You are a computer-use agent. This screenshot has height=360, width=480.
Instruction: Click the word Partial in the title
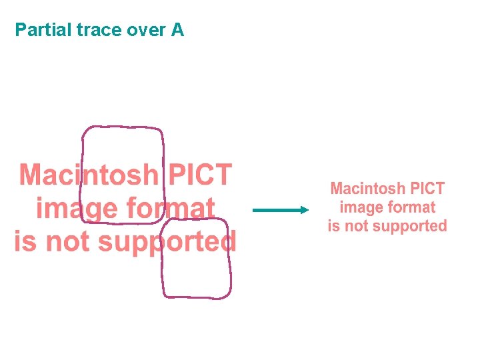click(x=40, y=30)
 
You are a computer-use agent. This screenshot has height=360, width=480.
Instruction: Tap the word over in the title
click(x=142, y=30)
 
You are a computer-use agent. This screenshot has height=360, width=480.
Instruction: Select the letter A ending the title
click(x=177, y=30)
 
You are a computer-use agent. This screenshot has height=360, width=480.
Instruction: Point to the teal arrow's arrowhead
click(x=305, y=210)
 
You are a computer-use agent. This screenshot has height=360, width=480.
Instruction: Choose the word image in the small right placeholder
click(x=361, y=208)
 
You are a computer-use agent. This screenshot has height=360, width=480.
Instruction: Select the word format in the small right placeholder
click(x=411, y=207)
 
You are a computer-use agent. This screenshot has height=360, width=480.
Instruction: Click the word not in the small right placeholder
click(x=357, y=226)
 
